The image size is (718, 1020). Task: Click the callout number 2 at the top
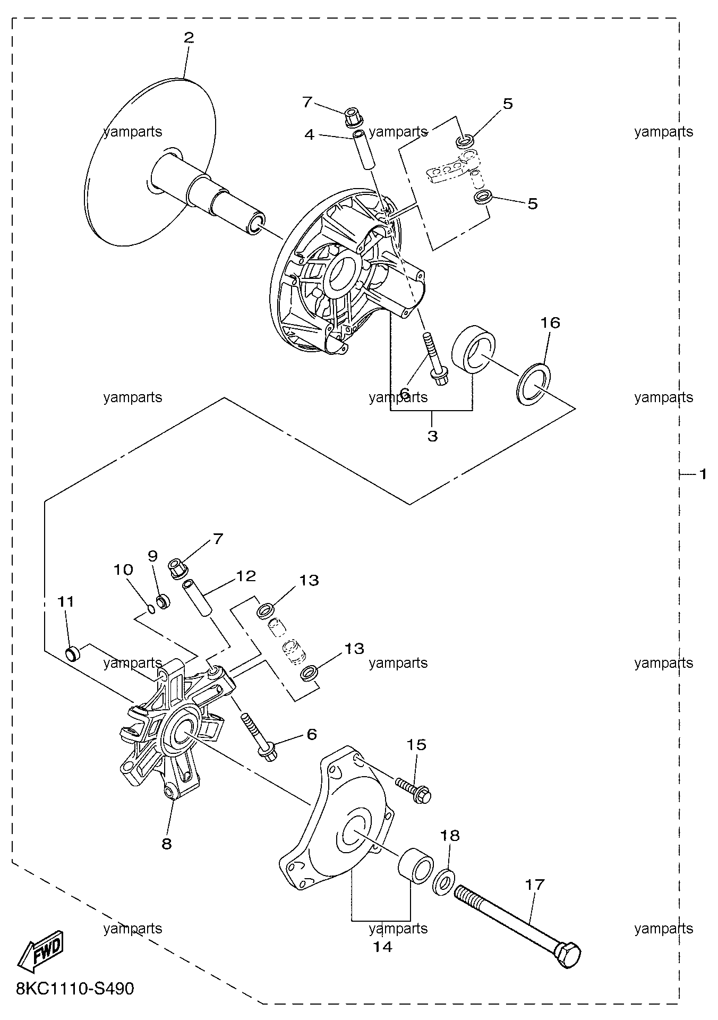coord(189,38)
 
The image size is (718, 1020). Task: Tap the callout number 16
coord(551,322)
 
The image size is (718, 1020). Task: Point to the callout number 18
coord(450,835)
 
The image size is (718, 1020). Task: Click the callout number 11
coord(66,601)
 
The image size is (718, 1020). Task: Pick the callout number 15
coord(417,745)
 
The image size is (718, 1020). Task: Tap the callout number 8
coord(167,844)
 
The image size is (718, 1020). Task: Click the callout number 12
coord(246,576)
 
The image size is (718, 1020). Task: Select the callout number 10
coord(123,570)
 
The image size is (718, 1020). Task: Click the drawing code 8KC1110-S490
coord(75,989)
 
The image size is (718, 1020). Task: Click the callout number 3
coord(432,436)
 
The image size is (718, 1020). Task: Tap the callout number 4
coord(310,134)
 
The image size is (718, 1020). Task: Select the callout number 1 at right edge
coord(703,474)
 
